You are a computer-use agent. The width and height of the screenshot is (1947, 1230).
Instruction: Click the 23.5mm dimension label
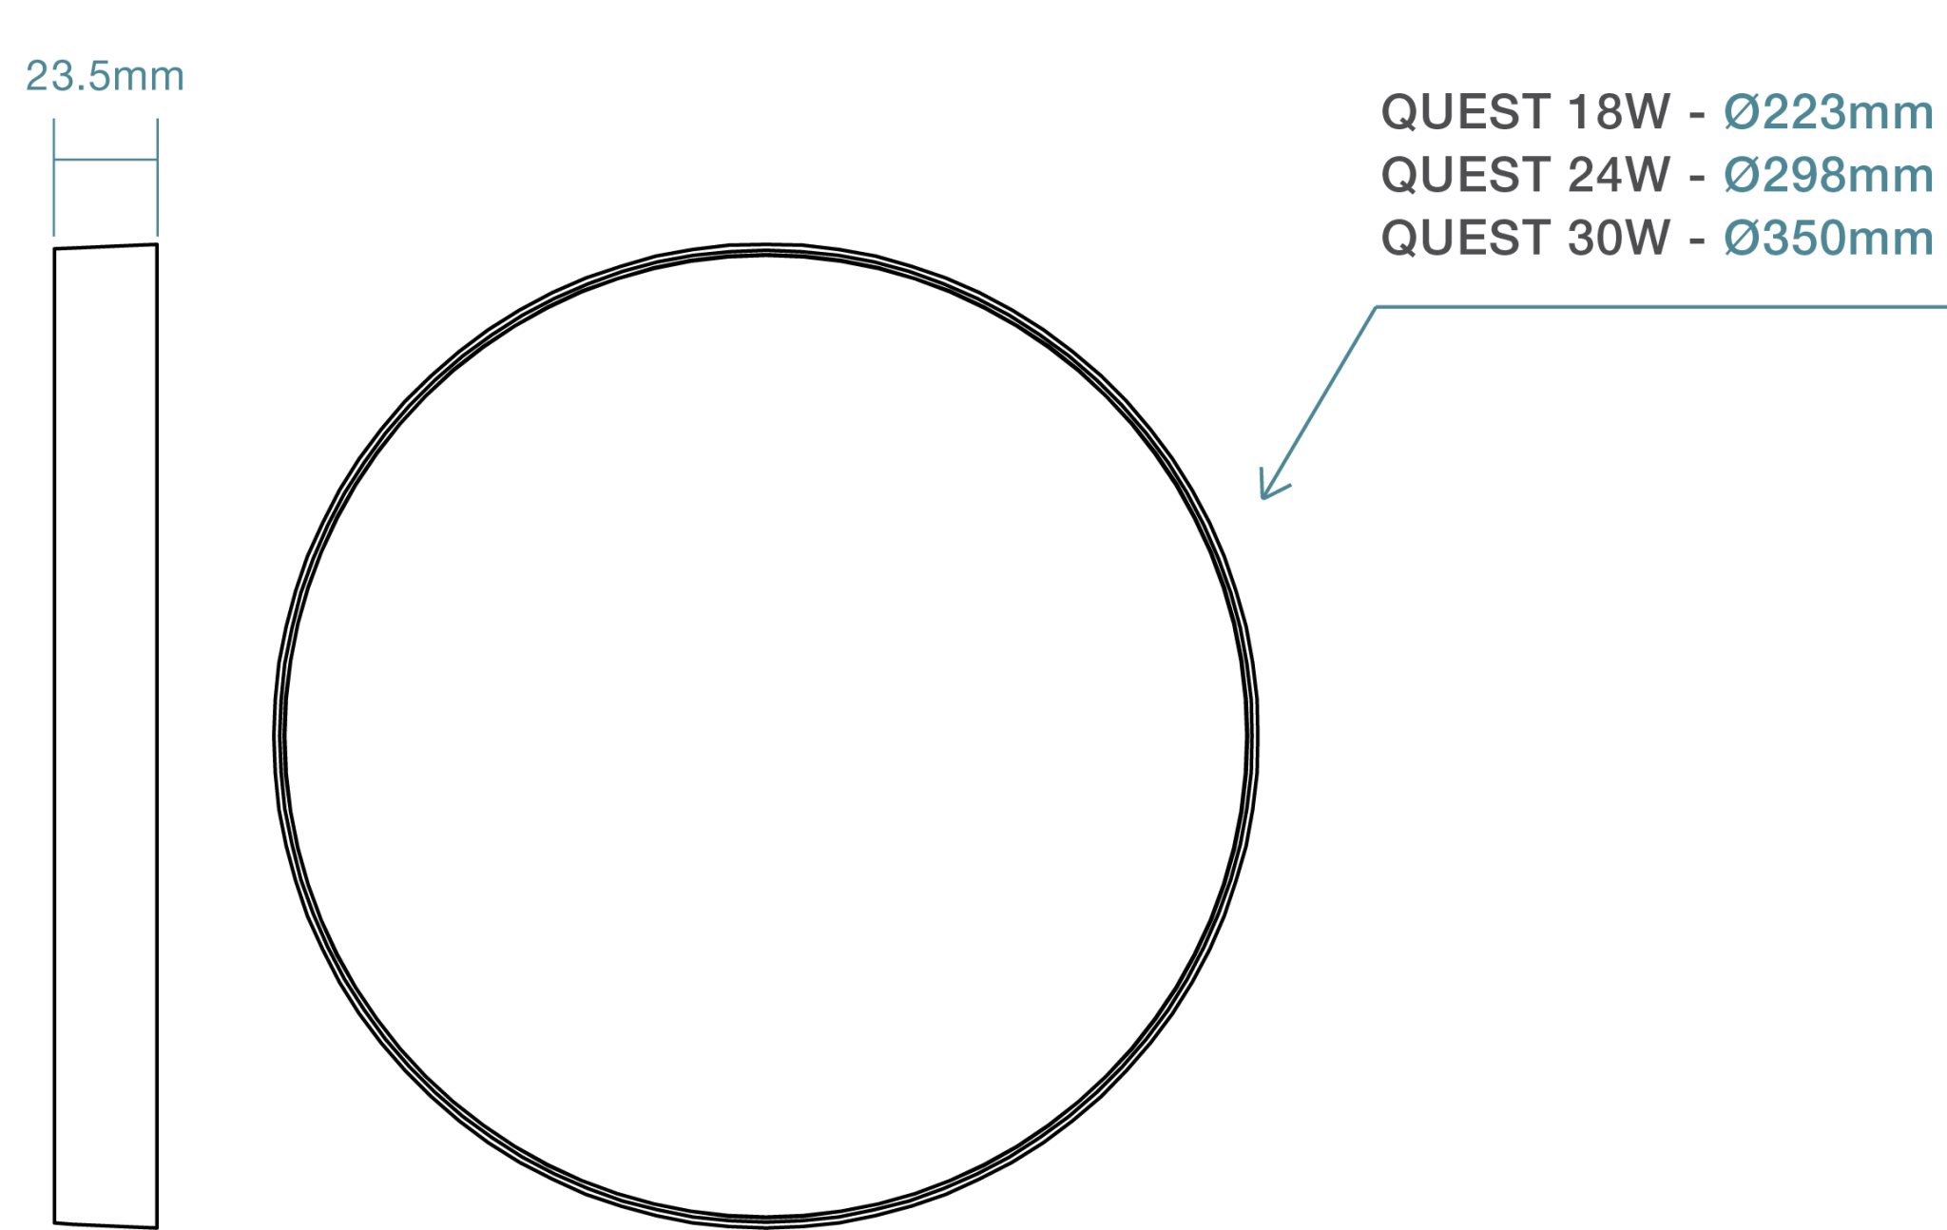(x=105, y=76)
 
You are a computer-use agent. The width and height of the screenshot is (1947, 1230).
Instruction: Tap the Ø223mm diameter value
(x=1828, y=112)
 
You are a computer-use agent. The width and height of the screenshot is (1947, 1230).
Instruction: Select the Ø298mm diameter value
(x=1828, y=175)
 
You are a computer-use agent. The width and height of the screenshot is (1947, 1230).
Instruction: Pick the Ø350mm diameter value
(x=1828, y=238)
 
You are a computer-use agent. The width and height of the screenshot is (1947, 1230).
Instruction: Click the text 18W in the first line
(x=1619, y=112)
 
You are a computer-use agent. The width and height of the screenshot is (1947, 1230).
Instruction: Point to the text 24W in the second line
(x=1619, y=175)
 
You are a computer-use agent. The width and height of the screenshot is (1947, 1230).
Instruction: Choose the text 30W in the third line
(x=1619, y=238)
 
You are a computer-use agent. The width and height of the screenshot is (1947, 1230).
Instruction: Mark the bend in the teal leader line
(x=1376, y=307)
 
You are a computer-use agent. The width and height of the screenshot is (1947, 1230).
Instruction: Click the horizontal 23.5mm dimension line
(x=106, y=160)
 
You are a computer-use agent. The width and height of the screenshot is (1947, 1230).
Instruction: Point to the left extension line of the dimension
(x=53, y=177)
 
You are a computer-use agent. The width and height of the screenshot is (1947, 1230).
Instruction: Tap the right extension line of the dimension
(x=157, y=177)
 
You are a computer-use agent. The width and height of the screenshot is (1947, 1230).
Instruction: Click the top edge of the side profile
(x=106, y=246)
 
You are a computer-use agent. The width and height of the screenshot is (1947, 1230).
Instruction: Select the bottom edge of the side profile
(x=106, y=1225)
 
